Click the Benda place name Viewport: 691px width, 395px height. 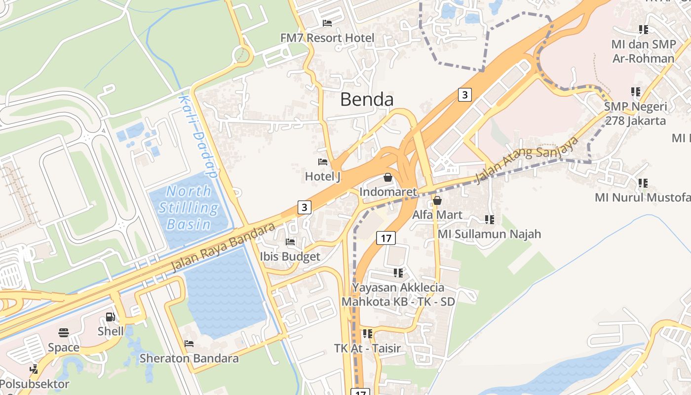pyautogui.click(x=367, y=99)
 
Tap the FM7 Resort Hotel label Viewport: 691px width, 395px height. pyautogui.click(x=327, y=38)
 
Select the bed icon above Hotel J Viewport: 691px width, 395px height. pyautogui.click(x=323, y=162)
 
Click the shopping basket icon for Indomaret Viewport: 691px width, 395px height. pyautogui.click(x=388, y=177)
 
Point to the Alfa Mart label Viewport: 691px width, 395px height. pyautogui.click(x=437, y=215)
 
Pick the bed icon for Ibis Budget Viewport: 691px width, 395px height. pyautogui.click(x=290, y=242)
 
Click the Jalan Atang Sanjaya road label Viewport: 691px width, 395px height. pyautogui.click(x=526, y=159)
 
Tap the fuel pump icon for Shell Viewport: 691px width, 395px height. pyautogui.click(x=111, y=317)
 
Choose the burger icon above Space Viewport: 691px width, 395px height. pyautogui.click(x=63, y=333)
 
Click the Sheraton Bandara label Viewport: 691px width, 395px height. pyautogui.click(x=189, y=358)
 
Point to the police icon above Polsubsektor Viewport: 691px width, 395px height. pyautogui.click(x=34, y=369)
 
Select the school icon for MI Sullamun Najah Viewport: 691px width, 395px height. pyautogui.click(x=489, y=219)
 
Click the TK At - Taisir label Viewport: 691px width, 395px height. pyautogui.click(x=367, y=348)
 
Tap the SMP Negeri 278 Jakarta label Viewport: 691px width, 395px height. pyautogui.click(x=635, y=114)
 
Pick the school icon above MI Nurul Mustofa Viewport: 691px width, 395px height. pyautogui.click(x=643, y=183)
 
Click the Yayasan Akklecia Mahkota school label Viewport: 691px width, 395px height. pyautogui.click(x=398, y=294)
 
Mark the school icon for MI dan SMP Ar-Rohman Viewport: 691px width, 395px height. pyautogui.click(x=643, y=30)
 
